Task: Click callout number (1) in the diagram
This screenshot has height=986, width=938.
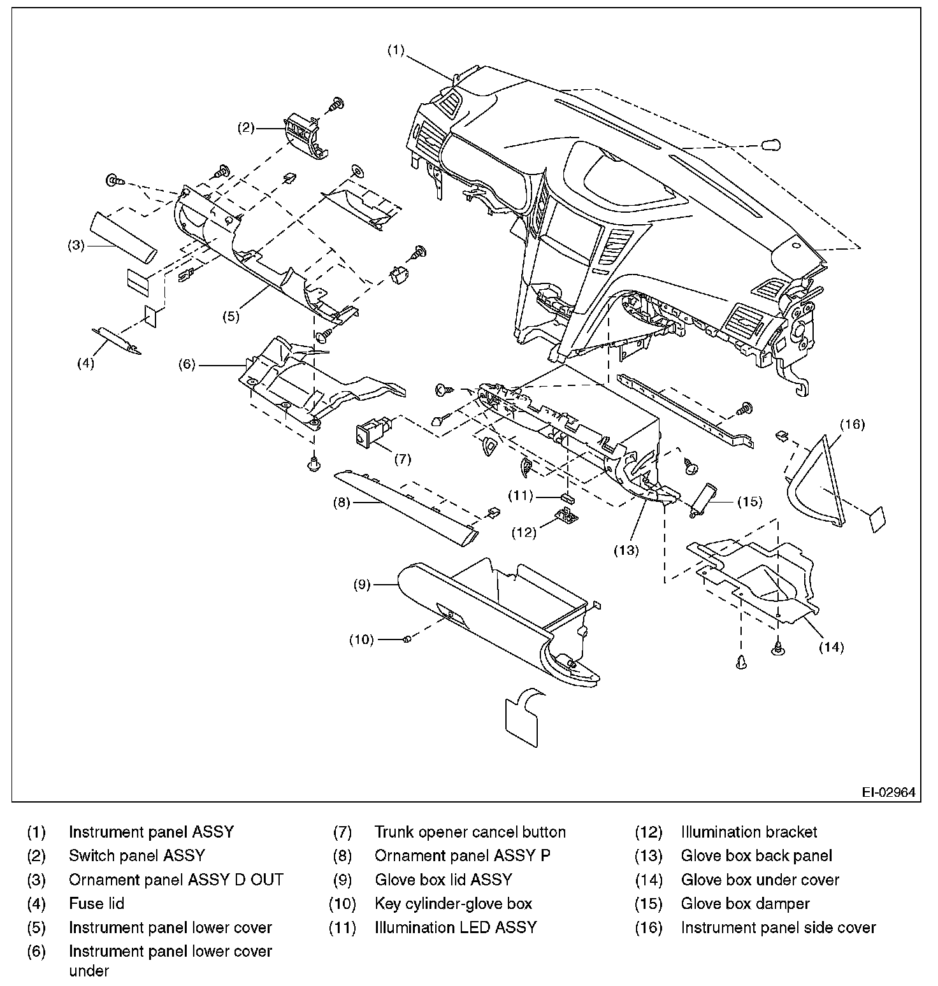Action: pyautogui.click(x=396, y=50)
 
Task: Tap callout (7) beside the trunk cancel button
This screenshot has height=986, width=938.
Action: pyautogui.click(x=402, y=458)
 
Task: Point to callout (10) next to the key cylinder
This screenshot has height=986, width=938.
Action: pyautogui.click(x=361, y=639)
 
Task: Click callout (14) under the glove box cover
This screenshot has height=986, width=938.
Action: pyautogui.click(x=831, y=647)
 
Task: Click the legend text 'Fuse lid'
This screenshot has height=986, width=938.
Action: pyautogui.click(x=96, y=903)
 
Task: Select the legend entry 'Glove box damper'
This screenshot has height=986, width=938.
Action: pyautogui.click(x=745, y=903)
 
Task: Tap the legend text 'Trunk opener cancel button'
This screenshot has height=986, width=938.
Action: pyautogui.click(x=470, y=832)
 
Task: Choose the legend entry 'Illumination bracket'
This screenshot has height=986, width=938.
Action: pyautogui.click(x=749, y=832)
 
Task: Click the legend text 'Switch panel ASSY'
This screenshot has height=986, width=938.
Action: pyautogui.click(x=136, y=855)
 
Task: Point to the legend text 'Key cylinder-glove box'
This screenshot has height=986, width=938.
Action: pyautogui.click(x=453, y=903)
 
